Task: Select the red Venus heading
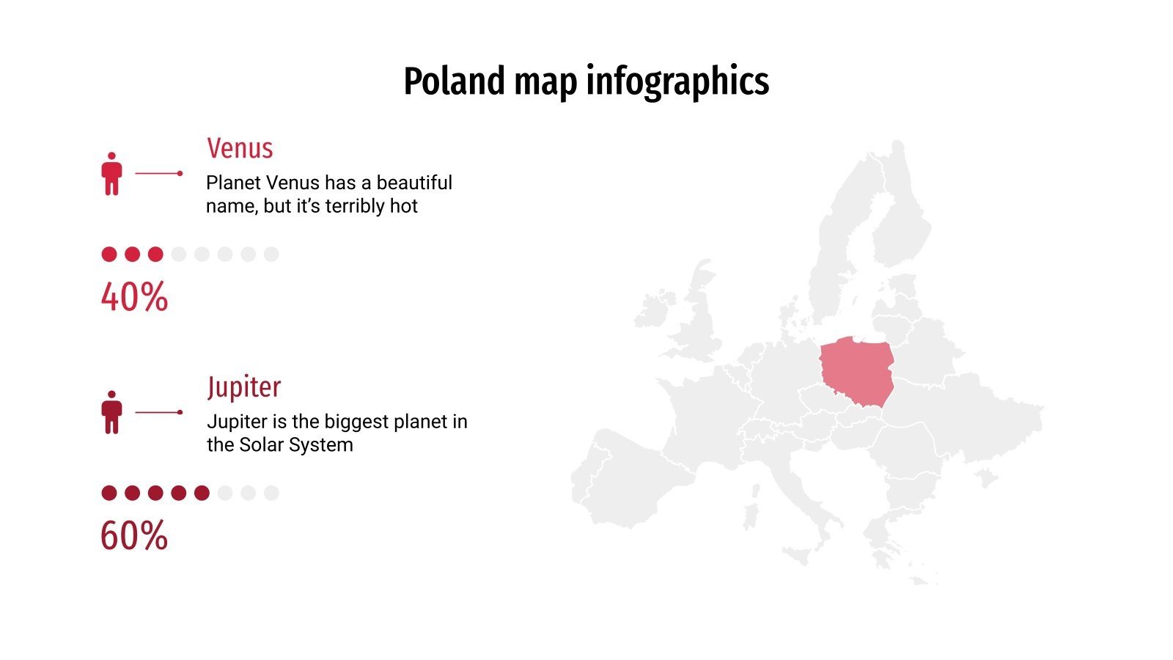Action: click(240, 148)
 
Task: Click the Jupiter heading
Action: click(243, 386)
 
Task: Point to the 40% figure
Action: click(134, 297)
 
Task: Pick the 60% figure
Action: click(134, 535)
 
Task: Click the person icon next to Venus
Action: click(111, 174)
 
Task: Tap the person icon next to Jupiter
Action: click(111, 412)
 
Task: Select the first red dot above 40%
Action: click(109, 254)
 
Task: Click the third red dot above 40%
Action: click(155, 254)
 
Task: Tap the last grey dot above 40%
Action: click(271, 254)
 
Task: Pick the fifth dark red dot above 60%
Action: click(202, 493)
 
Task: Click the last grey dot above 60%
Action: click(271, 493)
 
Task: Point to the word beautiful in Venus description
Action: click(414, 183)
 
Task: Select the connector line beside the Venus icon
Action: click(158, 174)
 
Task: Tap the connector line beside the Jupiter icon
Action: click(158, 412)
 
